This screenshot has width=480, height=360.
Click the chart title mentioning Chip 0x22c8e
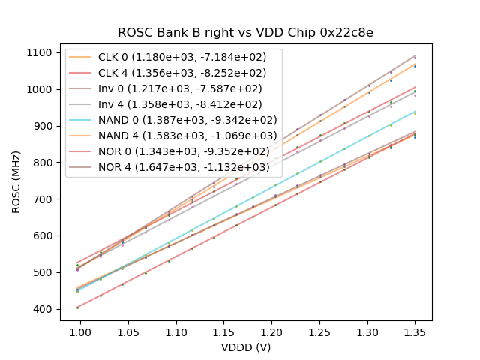click(x=245, y=33)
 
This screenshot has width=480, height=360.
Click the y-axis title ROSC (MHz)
click(x=16, y=181)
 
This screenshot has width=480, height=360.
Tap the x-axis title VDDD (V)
click(x=245, y=347)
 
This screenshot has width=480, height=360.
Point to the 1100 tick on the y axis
click(x=40, y=52)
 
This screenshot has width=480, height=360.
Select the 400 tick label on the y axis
click(x=43, y=309)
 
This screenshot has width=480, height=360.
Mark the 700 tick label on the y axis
click(x=43, y=199)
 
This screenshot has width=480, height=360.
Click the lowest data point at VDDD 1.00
click(x=77, y=307)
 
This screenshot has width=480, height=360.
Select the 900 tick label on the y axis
click(x=43, y=126)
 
